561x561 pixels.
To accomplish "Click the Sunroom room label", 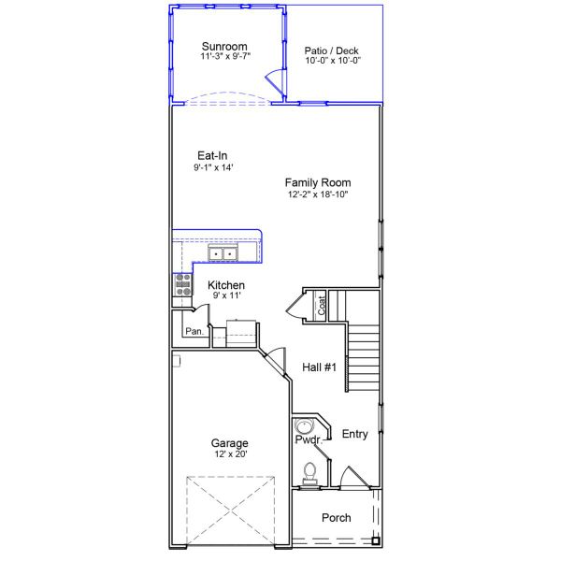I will point(224,46).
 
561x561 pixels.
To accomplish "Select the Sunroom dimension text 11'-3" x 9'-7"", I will point(224,56).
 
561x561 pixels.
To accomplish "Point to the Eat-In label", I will point(212,156).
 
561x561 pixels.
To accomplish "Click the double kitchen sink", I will point(223,252).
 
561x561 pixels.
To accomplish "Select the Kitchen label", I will point(226,285).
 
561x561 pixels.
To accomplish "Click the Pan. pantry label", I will point(194,331).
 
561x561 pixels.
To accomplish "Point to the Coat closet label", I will point(323,305).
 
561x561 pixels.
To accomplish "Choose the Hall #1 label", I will point(319,368).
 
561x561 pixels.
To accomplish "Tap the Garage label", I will point(229,443).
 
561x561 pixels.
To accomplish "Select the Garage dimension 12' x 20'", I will point(229,454).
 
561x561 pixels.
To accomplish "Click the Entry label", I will point(355,434).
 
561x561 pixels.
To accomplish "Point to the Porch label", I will point(336,518).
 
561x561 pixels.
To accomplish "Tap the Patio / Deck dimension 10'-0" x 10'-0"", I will point(332,61).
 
